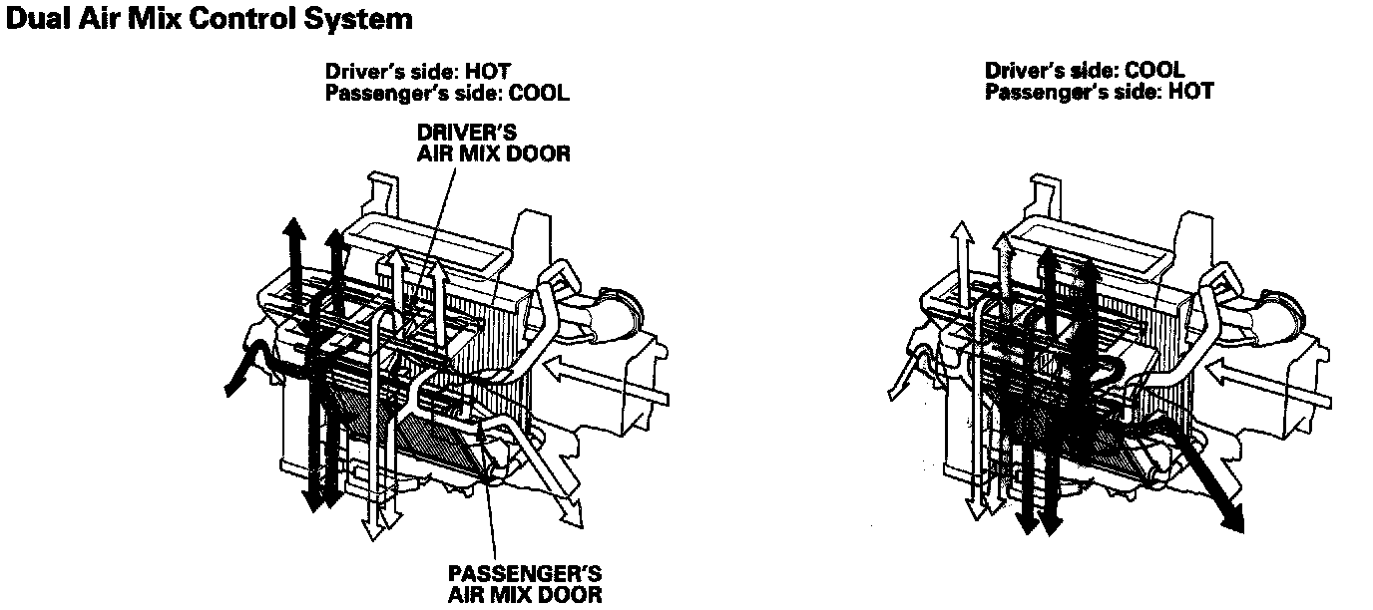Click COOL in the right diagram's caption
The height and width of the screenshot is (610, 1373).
point(1153,71)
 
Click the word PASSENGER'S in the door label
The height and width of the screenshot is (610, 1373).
point(525,575)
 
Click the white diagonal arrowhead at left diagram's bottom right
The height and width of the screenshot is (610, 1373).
point(570,513)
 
